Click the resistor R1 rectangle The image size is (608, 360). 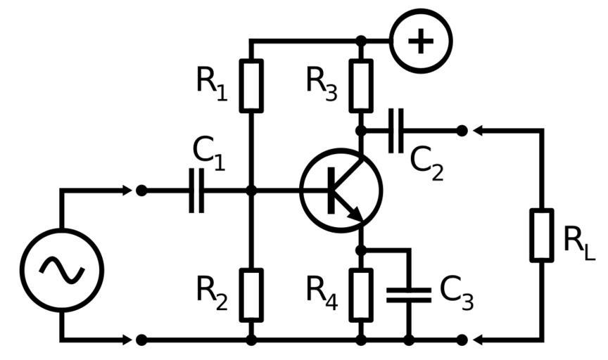point(251,86)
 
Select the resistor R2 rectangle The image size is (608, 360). point(251,295)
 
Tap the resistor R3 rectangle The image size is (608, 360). point(361,86)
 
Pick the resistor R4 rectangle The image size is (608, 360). point(361,295)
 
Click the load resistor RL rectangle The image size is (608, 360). point(541,235)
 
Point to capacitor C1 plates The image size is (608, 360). point(196,190)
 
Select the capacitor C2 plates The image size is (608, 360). point(395,130)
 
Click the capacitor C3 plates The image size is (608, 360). point(408,295)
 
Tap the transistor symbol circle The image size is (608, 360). point(341,190)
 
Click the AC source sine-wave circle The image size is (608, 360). point(62,270)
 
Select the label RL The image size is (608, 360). point(578,242)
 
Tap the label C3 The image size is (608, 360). point(456,293)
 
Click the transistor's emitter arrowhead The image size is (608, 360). point(357,214)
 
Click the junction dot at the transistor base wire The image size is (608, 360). point(251,190)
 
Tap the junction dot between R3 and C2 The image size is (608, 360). point(361,130)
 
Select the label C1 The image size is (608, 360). point(208,153)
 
